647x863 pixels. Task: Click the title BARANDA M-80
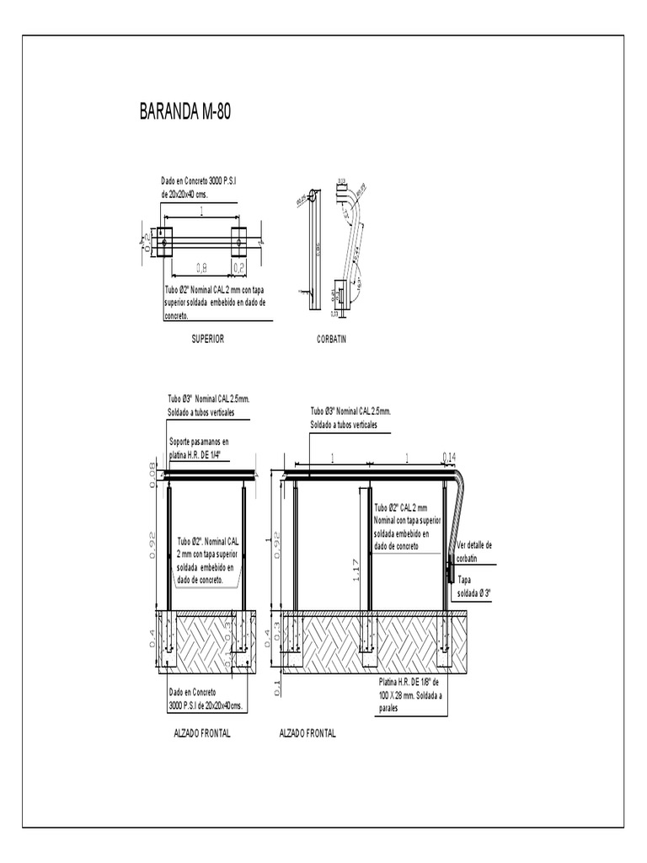pyautogui.click(x=184, y=112)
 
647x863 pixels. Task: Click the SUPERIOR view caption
pyautogui.click(x=207, y=339)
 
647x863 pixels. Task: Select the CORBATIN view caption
pyautogui.click(x=332, y=339)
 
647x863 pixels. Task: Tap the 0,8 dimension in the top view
pyautogui.click(x=202, y=268)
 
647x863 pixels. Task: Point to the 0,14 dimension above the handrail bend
pyautogui.click(x=450, y=457)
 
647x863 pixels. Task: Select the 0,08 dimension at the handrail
pyautogui.click(x=152, y=474)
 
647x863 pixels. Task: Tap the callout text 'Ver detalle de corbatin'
pyautogui.click(x=474, y=551)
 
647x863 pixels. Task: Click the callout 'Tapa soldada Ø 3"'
pyautogui.click(x=473, y=587)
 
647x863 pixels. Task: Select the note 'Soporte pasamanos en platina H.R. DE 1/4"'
pyautogui.click(x=199, y=447)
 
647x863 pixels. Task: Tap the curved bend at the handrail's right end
pyautogui.click(x=460, y=487)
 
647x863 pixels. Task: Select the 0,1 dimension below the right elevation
pyautogui.click(x=278, y=688)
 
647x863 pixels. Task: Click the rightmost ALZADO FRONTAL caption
pyautogui.click(x=307, y=733)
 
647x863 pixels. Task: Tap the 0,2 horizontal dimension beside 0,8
pyautogui.click(x=239, y=268)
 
